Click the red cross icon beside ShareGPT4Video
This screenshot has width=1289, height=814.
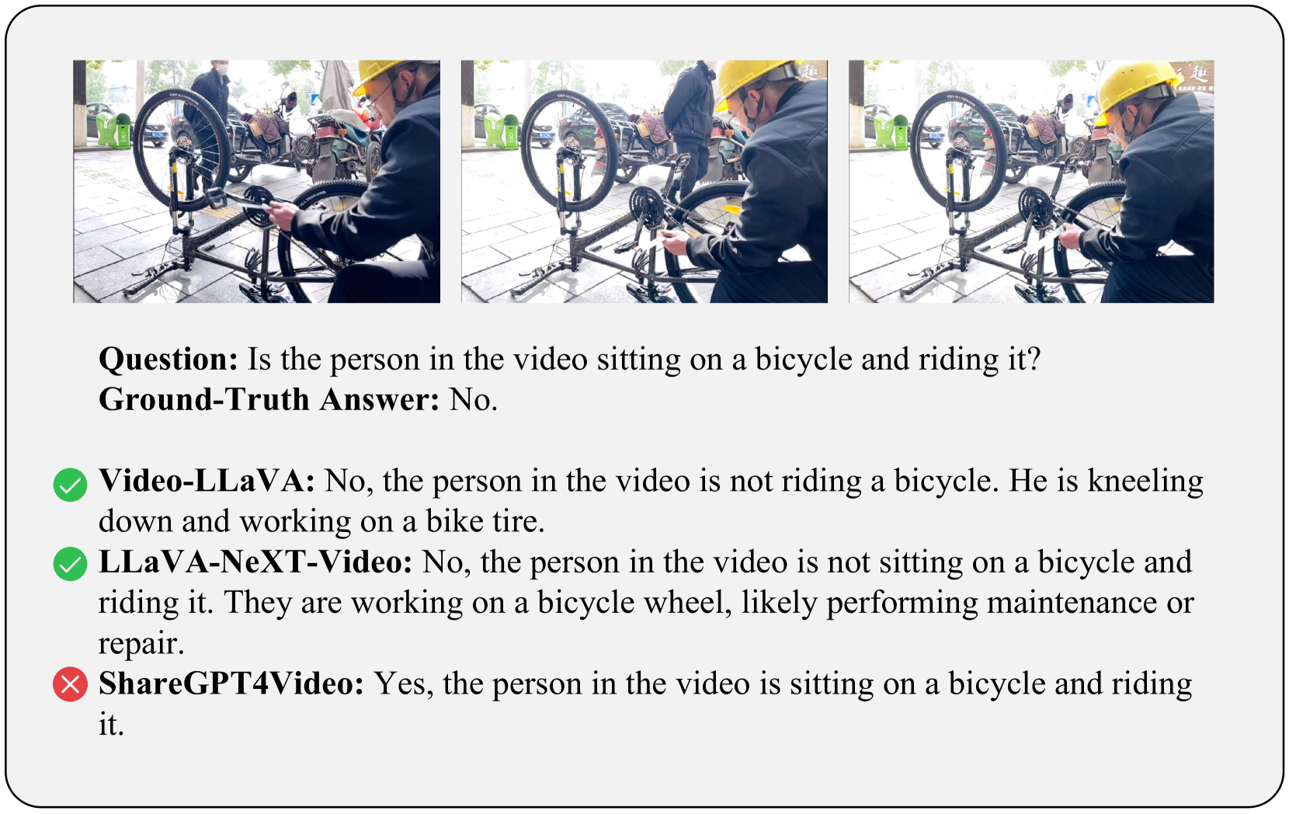click(x=70, y=684)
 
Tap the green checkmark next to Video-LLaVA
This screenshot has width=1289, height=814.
click(x=70, y=484)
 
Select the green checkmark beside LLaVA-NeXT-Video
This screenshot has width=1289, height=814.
click(x=70, y=564)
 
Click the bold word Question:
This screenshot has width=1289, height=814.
click(x=168, y=359)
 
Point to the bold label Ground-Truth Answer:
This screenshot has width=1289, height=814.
click(x=269, y=399)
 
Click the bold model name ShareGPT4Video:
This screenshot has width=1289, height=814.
click(x=231, y=684)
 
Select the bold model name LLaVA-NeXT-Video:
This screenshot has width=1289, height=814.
click(x=255, y=562)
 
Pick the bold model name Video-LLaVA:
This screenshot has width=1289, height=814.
click(x=207, y=481)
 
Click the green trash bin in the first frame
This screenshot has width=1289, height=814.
click(x=114, y=130)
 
